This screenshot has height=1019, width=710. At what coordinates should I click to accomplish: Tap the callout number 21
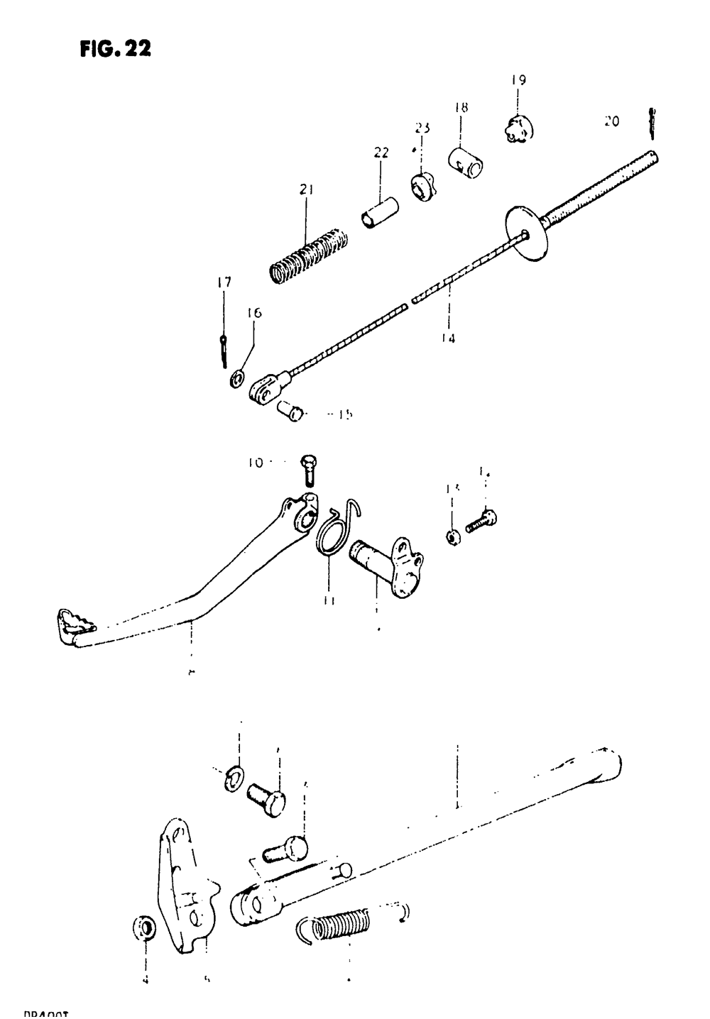tap(307, 189)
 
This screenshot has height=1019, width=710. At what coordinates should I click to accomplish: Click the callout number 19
tap(518, 80)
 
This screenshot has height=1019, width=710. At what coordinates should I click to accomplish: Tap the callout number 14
tap(447, 338)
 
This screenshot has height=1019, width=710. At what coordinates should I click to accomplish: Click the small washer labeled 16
tap(235, 377)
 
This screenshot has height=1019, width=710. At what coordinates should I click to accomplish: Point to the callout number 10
tap(256, 463)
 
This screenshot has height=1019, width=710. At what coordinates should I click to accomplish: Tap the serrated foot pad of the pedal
tap(72, 624)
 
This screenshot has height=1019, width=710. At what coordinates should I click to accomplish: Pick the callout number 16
tap(254, 312)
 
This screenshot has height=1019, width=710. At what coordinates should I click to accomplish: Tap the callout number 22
tap(381, 153)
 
